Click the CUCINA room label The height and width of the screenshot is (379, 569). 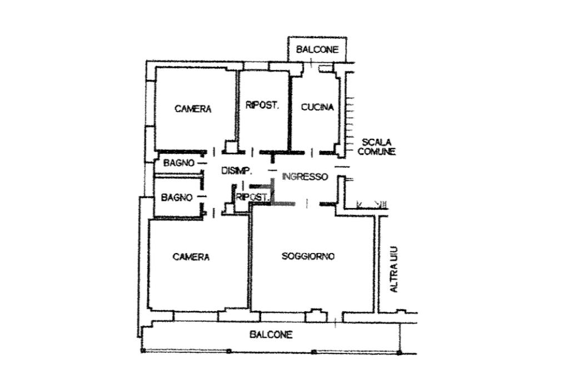[x=317, y=107]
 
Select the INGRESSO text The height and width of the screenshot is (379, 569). [x=305, y=177]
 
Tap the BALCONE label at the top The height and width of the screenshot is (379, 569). [x=317, y=49]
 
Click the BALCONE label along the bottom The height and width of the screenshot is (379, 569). [x=271, y=335]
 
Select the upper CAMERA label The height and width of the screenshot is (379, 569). [x=193, y=109]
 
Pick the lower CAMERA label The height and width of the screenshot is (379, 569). [x=191, y=257]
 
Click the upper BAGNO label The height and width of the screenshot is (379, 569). [x=178, y=163]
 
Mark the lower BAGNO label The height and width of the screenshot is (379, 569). [x=177, y=197]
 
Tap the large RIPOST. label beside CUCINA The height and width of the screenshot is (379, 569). [x=262, y=105]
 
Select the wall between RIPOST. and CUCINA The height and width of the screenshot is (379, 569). [x=290, y=111]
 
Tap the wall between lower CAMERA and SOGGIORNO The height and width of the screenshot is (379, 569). [x=249, y=261]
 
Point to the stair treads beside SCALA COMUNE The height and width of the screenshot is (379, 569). [x=350, y=119]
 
